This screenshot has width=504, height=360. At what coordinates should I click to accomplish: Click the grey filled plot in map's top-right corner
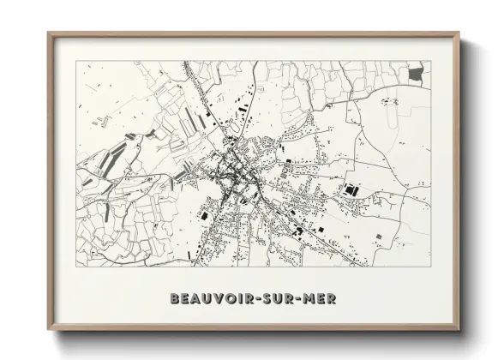[416, 75]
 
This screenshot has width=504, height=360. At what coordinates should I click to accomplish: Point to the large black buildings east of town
[351, 189]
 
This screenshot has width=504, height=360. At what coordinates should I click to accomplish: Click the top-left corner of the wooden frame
[50, 34]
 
